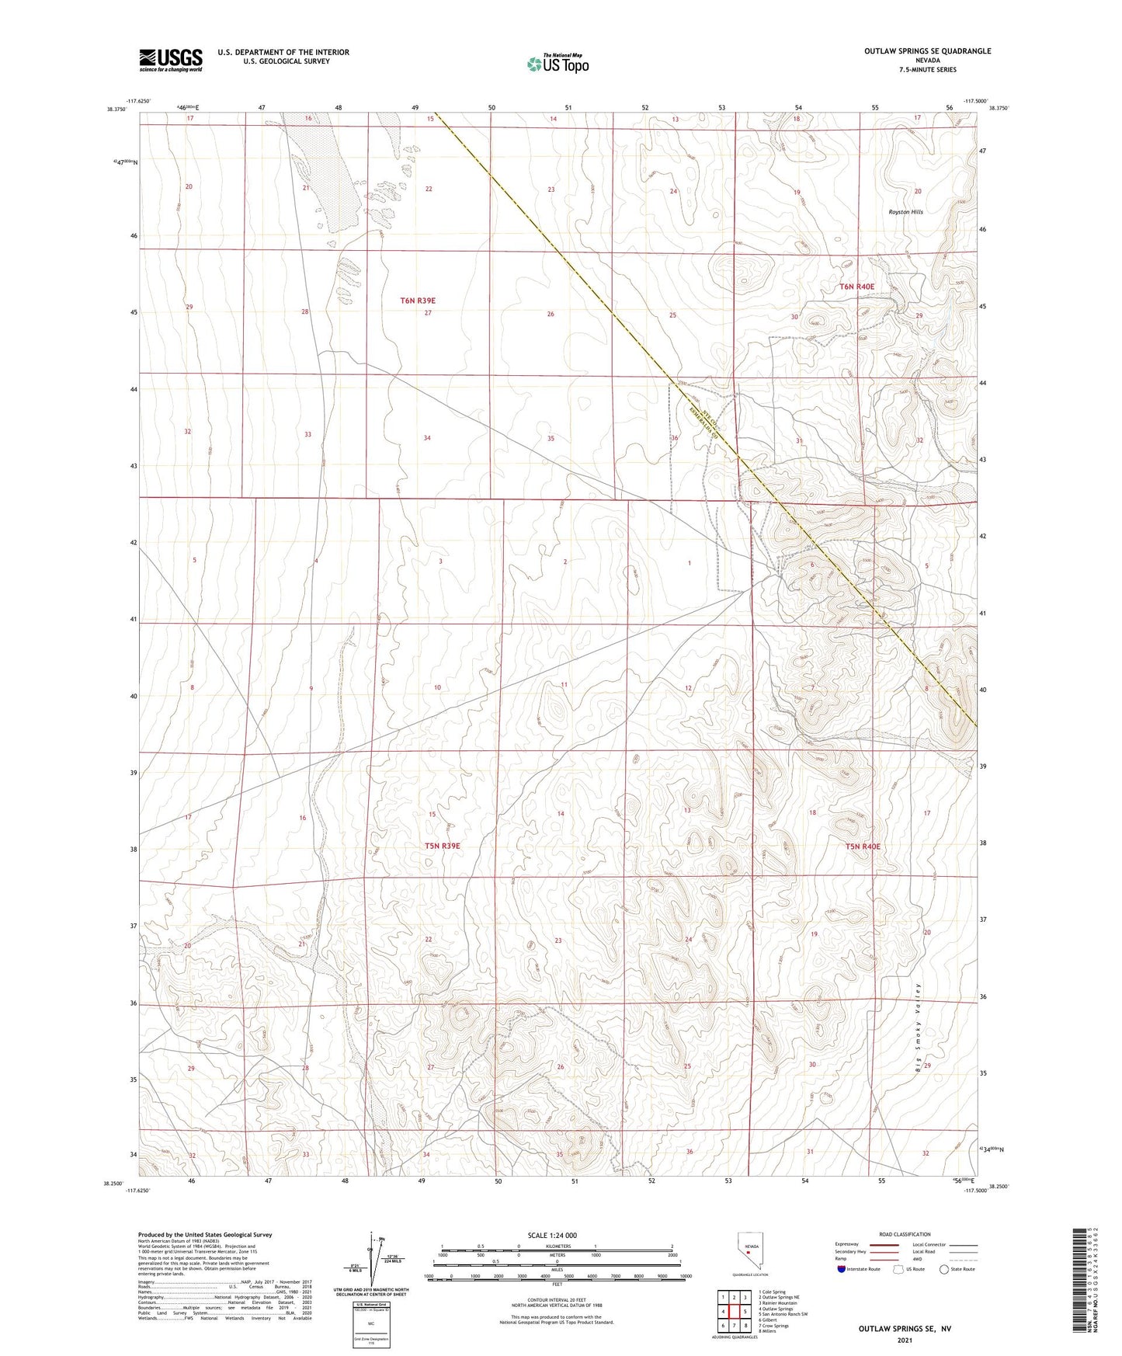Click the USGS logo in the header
tap(171, 60)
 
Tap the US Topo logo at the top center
tap(557, 64)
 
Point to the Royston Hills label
tap(905, 212)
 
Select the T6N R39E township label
tap(418, 300)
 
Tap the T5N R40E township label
tap(863, 847)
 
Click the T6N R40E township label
tap(856, 287)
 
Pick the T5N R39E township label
tap(442, 846)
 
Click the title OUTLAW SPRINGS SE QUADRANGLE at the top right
tap(927, 51)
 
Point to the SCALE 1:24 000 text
tap(551, 1235)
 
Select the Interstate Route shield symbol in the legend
tap(842, 1269)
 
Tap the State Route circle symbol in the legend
tap(944, 1269)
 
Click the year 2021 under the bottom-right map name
tap(905, 1340)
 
